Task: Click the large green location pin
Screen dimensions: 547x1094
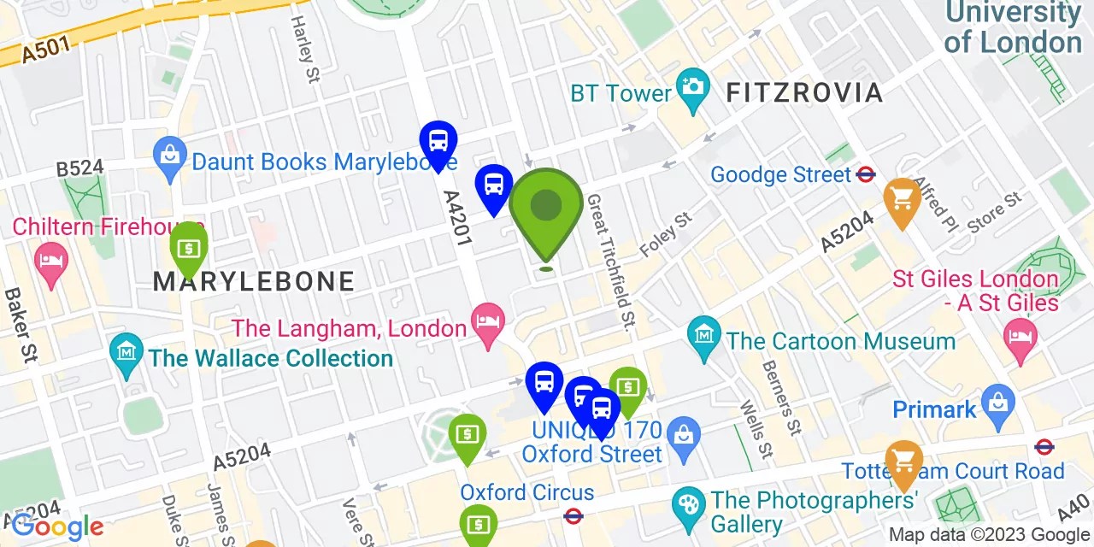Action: click(546, 207)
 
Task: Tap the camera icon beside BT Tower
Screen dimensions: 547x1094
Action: click(692, 85)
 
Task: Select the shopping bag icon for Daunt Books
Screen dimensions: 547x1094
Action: click(170, 156)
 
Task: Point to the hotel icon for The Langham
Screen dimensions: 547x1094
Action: click(489, 322)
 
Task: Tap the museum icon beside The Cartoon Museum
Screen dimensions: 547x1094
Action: click(704, 333)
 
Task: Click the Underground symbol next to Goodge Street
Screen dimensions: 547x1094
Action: click(866, 174)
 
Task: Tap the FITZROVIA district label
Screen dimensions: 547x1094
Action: click(804, 93)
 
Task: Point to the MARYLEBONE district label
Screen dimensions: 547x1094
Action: click(254, 281)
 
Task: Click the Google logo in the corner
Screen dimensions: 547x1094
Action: click(57, 526)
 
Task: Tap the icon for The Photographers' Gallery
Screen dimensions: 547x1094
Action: click(688, 503)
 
